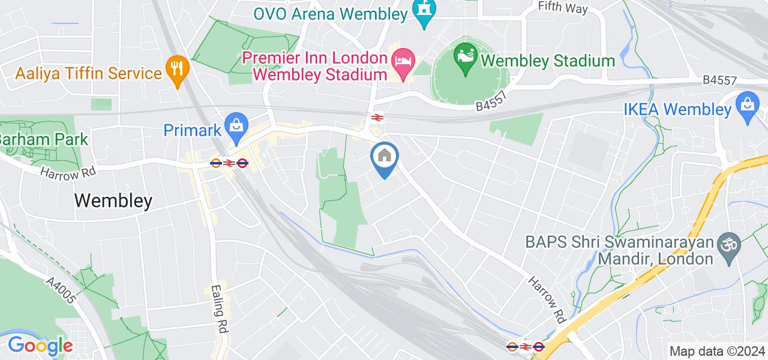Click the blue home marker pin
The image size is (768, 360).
pyautogui.click(x=384, y=157)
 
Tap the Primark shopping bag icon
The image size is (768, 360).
pyautogui.click(x=236, y=126)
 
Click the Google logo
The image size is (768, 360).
pyautogui.click(x=40, y=346)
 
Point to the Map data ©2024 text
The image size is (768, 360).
pyautogui.click(x=717, y=351)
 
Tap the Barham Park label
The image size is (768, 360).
pyautogui.click(x=43, y=140)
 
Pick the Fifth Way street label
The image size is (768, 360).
pyautogui.click(x=563, y=7)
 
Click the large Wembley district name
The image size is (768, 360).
pyautogui.click(x=113, y=200)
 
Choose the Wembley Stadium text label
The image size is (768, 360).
pyautogui.click(x=548, y=61)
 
